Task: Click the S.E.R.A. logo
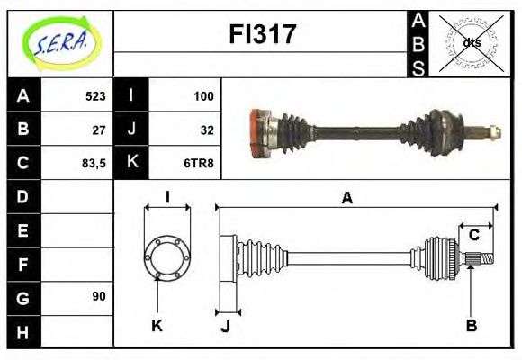coord(61,42)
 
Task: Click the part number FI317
coord(262,35)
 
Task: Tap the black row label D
coord(22,196)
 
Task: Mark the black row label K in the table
coord(131,163)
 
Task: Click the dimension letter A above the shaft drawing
coord(346,198)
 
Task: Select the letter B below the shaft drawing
coord(471,325)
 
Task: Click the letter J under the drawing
coord(225,326)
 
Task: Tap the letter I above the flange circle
coord(167,198)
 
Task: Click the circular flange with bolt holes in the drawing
coord(167,256)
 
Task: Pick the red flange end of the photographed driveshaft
coord(261,133)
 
